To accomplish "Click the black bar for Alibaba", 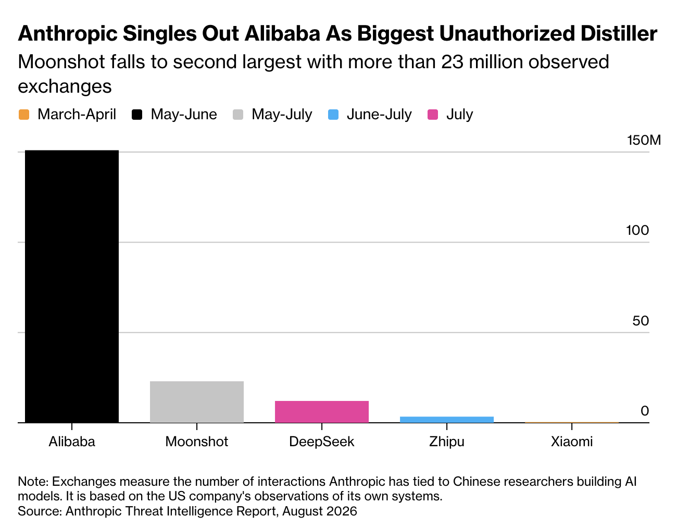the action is click(72, 286).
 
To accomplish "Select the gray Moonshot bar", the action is click(196, 401).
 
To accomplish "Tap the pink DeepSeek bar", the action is click(321, 412).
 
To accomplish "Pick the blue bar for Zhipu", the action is click(446, 420).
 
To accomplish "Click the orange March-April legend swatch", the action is click(24, 114).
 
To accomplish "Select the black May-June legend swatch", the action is click(137, 114).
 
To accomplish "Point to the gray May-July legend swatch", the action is click(237, 114).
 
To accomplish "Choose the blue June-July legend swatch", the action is click(333, 114).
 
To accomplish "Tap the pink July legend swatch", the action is click(433, 114).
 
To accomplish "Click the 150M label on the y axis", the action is click(644, 140).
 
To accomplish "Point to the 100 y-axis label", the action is click(637, 231).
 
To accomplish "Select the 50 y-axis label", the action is click(641, 321).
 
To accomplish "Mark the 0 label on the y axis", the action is click(645, 411).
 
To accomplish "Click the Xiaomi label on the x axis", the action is click(572, 442).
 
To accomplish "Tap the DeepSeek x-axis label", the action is click(321, 442).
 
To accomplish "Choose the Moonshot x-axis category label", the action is click(196, 442).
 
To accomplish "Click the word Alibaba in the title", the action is click(282, 33).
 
